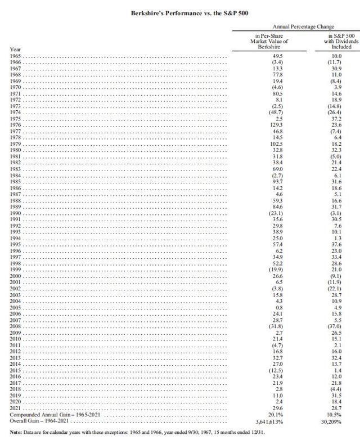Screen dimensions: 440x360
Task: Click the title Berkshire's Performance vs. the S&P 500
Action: click(180, 11)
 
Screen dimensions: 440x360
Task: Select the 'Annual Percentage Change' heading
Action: click(303, 26)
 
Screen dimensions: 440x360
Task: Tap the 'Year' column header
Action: click(15, 50)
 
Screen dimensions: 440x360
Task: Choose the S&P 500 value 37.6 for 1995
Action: click(335, 244)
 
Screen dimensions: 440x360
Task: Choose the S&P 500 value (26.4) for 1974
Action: click(335, 114)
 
